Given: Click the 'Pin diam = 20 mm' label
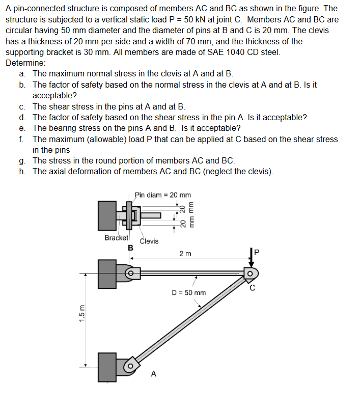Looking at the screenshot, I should [x=163, y=195].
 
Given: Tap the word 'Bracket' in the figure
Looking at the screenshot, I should [x=117, y=238].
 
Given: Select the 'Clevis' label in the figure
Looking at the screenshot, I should [x=149, y=241].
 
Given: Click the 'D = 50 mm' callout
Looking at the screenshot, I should [x=188, y=292].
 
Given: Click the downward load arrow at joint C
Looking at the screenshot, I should [x=252, y=258].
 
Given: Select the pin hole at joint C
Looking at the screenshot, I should [x=251, y=273].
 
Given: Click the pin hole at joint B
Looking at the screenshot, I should [x=130, y=273].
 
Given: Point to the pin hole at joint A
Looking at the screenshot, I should [x=130, y=365].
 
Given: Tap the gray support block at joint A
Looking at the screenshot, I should [x=107, y=365].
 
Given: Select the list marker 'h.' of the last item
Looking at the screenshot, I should [x=23, y=171].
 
